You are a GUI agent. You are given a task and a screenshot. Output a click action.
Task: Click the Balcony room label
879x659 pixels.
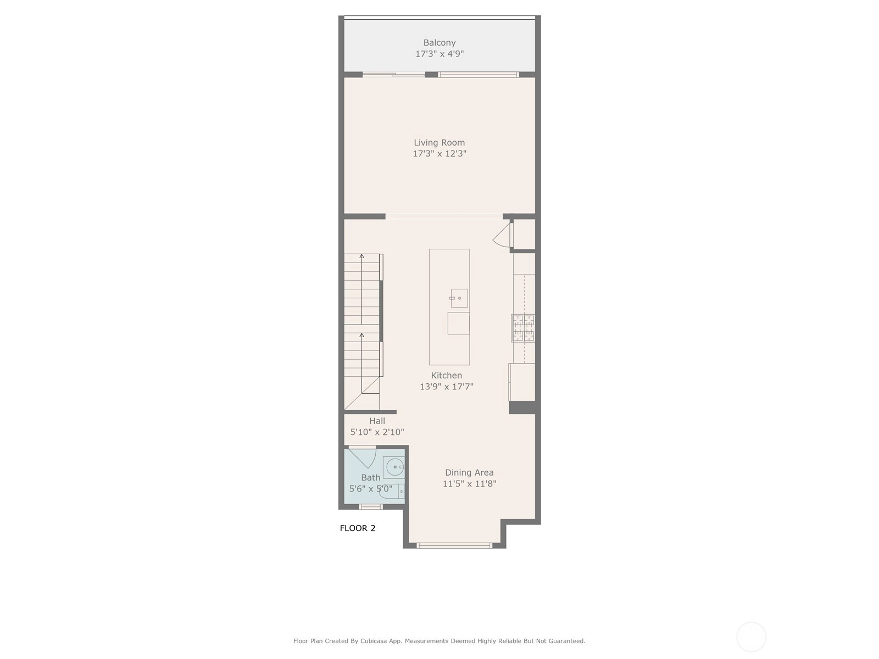439,42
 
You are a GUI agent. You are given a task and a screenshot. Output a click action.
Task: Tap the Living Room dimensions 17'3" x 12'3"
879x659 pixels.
439,154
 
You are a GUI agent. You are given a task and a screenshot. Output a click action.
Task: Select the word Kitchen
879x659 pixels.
446,375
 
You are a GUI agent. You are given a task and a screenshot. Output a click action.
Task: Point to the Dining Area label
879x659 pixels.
469,472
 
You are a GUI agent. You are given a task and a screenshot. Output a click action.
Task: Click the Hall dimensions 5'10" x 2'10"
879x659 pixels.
377,432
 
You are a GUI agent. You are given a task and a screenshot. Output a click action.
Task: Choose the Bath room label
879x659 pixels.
370,477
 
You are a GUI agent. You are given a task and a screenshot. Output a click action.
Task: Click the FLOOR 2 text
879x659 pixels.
358,528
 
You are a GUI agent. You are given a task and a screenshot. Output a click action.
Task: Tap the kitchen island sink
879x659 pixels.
459,298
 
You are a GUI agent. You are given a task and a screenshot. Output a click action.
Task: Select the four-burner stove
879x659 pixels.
523,328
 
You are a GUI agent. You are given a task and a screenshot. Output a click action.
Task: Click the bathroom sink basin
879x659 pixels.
394,467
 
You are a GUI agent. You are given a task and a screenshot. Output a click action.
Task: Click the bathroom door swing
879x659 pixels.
363,458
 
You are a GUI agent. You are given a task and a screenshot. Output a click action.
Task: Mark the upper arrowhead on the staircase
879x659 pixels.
361,256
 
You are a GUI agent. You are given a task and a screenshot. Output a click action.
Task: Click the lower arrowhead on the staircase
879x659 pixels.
361,335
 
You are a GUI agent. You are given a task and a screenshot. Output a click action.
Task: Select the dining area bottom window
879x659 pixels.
454,545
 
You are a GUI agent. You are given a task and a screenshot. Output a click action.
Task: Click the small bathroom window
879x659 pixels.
370,507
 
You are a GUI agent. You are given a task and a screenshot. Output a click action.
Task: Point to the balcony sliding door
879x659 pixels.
394,75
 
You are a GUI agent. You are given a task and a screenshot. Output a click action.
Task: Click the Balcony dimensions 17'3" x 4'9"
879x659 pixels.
439,54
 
